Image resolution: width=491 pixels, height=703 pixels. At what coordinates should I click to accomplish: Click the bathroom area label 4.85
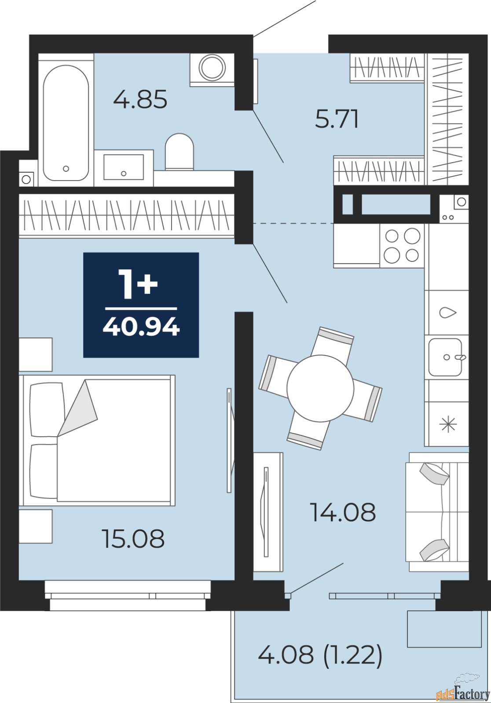pyautogui.click(x=140, y=99)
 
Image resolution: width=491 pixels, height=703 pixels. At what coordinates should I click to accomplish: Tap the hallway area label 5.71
pyautogui.click(x=337, y=119)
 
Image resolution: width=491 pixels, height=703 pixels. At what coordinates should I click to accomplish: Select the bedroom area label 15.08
pyautogui.click(x=133, y=539)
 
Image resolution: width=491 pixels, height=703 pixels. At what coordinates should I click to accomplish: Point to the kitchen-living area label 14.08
pyautogui.click(x=343, y=512)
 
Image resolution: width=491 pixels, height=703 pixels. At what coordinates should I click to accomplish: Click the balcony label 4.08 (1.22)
pyautogui.click(x=320, y=655)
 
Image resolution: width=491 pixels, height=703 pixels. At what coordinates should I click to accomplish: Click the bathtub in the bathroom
pyautogui.click(x=66, y=123)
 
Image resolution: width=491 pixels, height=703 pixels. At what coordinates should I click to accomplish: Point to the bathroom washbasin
pyautogui.click(x=124, y=167)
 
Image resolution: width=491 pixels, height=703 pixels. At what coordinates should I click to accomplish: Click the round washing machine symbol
pyautogui.click(x=212, y=68)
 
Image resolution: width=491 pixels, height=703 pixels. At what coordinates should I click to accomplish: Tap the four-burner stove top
pyautogui.click(x=402, y=246)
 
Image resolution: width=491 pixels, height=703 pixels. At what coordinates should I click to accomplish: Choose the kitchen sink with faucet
pyautogui.click(x=446, y=357)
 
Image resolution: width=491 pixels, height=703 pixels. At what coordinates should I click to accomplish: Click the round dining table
pyautogui.click(x=320, y=388)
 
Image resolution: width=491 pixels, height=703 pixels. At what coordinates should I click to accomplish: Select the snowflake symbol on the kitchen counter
pyautogui.click(x=448, y=424)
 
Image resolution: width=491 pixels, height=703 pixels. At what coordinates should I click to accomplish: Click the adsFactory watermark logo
pyautogui.click(x=462, y=694)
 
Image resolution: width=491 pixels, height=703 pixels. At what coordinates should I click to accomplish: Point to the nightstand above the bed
pyautogui.click(x=36, y=354)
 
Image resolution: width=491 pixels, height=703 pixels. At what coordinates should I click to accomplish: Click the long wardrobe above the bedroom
pyautogui.click(x=127, y=215)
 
